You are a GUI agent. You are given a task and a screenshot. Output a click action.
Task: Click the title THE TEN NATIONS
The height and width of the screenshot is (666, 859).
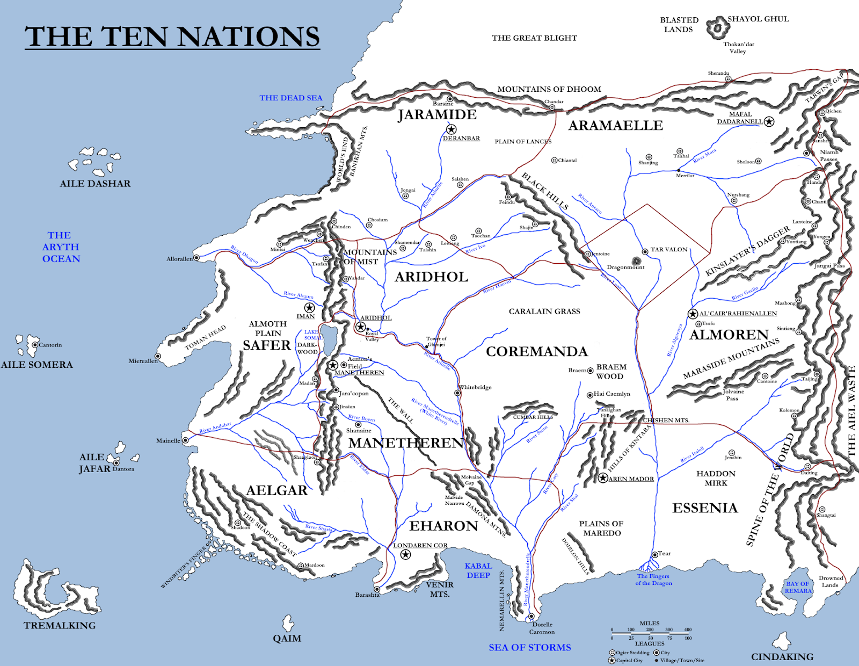tap(172, 37)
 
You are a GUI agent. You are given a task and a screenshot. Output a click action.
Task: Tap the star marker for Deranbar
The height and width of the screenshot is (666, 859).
tap(452, 129)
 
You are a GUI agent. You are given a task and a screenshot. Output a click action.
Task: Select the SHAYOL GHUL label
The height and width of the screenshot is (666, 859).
tap(758, 19)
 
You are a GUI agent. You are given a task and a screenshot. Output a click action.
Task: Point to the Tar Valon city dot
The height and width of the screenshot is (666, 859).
tap(645, 251)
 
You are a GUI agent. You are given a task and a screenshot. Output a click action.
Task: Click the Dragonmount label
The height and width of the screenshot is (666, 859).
tap(625, 267)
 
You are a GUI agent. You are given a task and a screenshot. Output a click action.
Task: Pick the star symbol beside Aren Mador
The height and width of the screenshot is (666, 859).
tap(603, 478)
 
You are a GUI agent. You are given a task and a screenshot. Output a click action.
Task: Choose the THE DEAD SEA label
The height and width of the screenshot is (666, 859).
tap(291, 98)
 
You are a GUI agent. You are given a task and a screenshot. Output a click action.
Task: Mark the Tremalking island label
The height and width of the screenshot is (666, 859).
tap(60, 626)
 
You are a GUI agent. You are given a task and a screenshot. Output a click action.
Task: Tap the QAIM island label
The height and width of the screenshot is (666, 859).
tap(287, 639)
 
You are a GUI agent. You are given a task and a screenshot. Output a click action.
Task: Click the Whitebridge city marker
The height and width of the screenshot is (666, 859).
tap(457, 393)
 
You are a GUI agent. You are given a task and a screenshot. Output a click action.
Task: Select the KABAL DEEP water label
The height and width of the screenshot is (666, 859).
tap(478, 570)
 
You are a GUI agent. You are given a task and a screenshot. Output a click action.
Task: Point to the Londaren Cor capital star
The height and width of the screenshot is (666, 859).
tap(405, 554)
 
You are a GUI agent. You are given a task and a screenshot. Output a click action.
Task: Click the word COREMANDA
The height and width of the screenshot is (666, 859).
tap(537, 351)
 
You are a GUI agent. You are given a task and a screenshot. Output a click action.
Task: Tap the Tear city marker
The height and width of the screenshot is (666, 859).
tap(654, 554)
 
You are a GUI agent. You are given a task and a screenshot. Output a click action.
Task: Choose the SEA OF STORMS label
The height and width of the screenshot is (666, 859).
tap(530, 648)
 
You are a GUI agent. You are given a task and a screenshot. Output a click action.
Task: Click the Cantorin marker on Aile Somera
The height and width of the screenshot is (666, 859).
tap(35, 345)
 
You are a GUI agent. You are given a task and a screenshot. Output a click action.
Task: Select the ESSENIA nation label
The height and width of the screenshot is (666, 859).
tap(705, 508)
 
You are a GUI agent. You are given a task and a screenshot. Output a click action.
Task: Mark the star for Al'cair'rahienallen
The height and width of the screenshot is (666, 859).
tap(693, 314)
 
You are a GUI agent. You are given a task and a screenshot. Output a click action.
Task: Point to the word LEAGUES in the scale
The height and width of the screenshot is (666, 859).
tap(650, 643)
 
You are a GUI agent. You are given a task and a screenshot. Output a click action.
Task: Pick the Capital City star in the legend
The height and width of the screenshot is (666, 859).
tap(612, 660)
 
